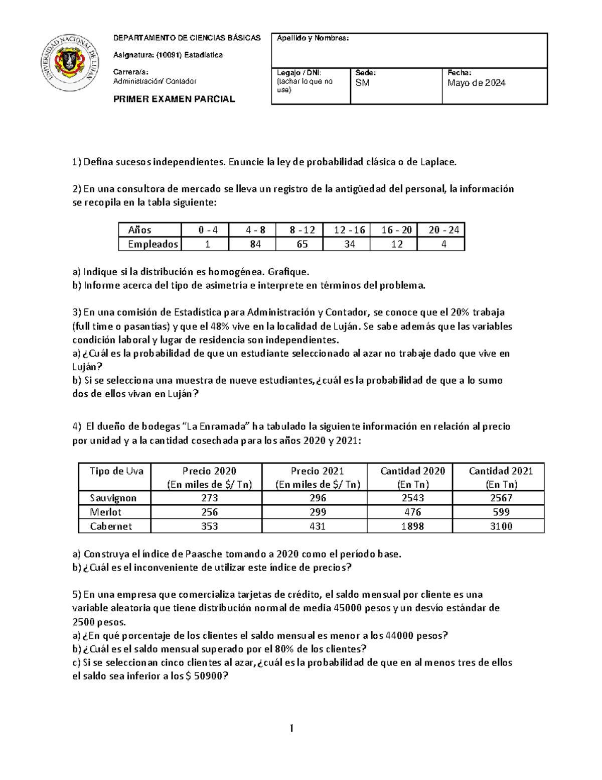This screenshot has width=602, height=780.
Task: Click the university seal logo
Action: (x=69, y=63)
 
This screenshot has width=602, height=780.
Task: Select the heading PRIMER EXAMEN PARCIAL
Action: (x=174, y=99)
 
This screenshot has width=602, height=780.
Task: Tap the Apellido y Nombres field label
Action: (x=313, y=39)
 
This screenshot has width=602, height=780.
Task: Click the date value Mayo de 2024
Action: (x=476, y=83)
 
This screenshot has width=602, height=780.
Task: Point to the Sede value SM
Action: (x=362, y=83)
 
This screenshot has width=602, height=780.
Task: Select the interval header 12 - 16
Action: (x=349, y=230)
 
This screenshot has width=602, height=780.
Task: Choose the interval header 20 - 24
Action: (x=443, y=230)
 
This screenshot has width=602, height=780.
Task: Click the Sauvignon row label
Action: (x=113, y=498)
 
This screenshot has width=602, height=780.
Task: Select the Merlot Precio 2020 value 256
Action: (x=209, y=512)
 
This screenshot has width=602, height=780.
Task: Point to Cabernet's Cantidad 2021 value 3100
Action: (x=501, y=526)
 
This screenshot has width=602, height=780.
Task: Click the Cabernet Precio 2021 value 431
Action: (x=317, y=526)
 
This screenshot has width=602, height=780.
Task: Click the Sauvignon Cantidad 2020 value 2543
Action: (x=412, y=498)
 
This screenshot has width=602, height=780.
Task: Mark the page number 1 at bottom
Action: (x=291, y=728)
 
